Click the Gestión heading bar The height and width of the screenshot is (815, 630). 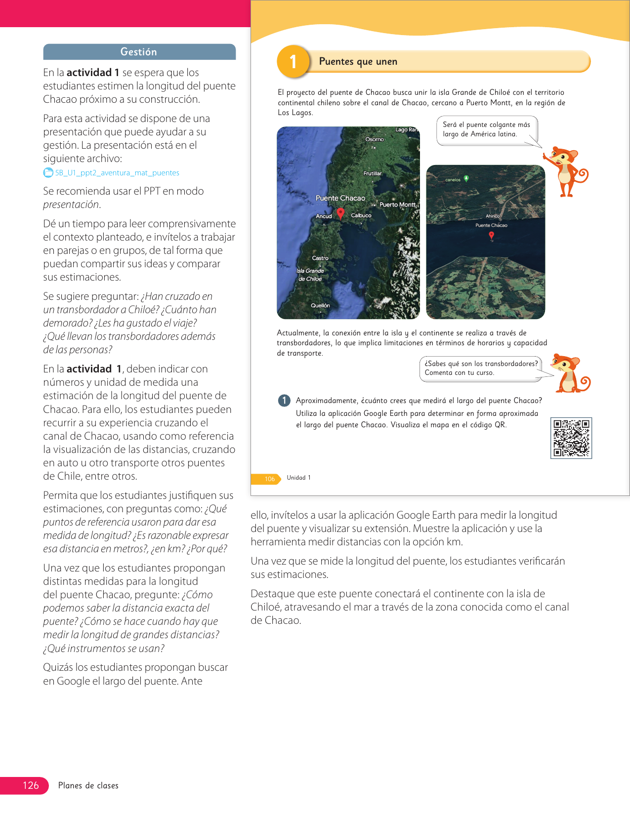tap(139, 52)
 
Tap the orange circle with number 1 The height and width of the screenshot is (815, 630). tap(293, 62)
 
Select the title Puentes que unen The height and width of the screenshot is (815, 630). tap(358, 62)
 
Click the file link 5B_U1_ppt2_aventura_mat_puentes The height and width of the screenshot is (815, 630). tap(117, 173)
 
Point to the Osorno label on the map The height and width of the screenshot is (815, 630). tap(375, 139)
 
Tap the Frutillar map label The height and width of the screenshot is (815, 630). tap(373, 173)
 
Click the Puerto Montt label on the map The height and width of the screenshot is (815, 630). tap(397, 204)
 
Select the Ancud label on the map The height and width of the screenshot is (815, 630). tap(324, 216)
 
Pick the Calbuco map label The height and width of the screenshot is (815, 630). tap(361, 215)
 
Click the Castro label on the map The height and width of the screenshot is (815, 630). tap(320, 258)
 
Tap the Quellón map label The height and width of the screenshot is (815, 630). tap(320, 305)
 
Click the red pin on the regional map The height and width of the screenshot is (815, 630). tap(340, 213)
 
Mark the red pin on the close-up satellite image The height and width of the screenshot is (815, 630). tap(491, 236)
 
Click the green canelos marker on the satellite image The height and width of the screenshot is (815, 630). tap(466, 178)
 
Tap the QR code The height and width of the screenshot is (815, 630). tap(571, 438)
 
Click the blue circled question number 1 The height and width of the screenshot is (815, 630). tap(284, 401)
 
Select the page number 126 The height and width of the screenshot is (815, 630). tap(31, 785)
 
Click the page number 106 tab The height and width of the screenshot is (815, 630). tap(269, 479)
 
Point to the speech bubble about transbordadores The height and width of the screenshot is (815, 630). tap(480, 368)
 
